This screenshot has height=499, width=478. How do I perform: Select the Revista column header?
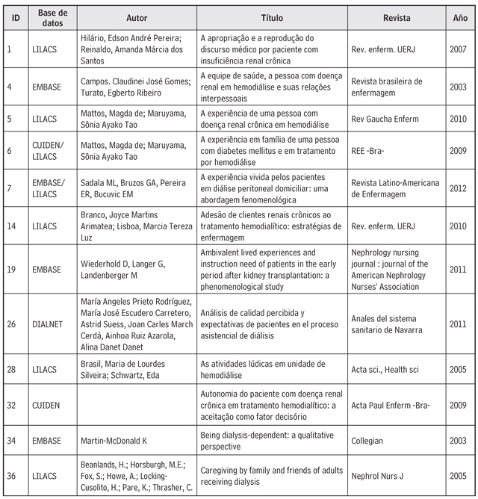click(x=397, y=16)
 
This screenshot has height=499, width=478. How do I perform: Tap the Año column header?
click(x=461, y=16)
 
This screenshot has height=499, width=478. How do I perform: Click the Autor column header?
click(x=137, y=16)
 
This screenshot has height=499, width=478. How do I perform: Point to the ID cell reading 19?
click(x=15, y=269)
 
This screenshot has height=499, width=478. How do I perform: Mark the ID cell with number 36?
click(x=15, y=474)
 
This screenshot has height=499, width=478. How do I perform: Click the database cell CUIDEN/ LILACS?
click(x=52, y=153)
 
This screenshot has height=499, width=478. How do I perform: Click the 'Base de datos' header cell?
click(x=52, y=16)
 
